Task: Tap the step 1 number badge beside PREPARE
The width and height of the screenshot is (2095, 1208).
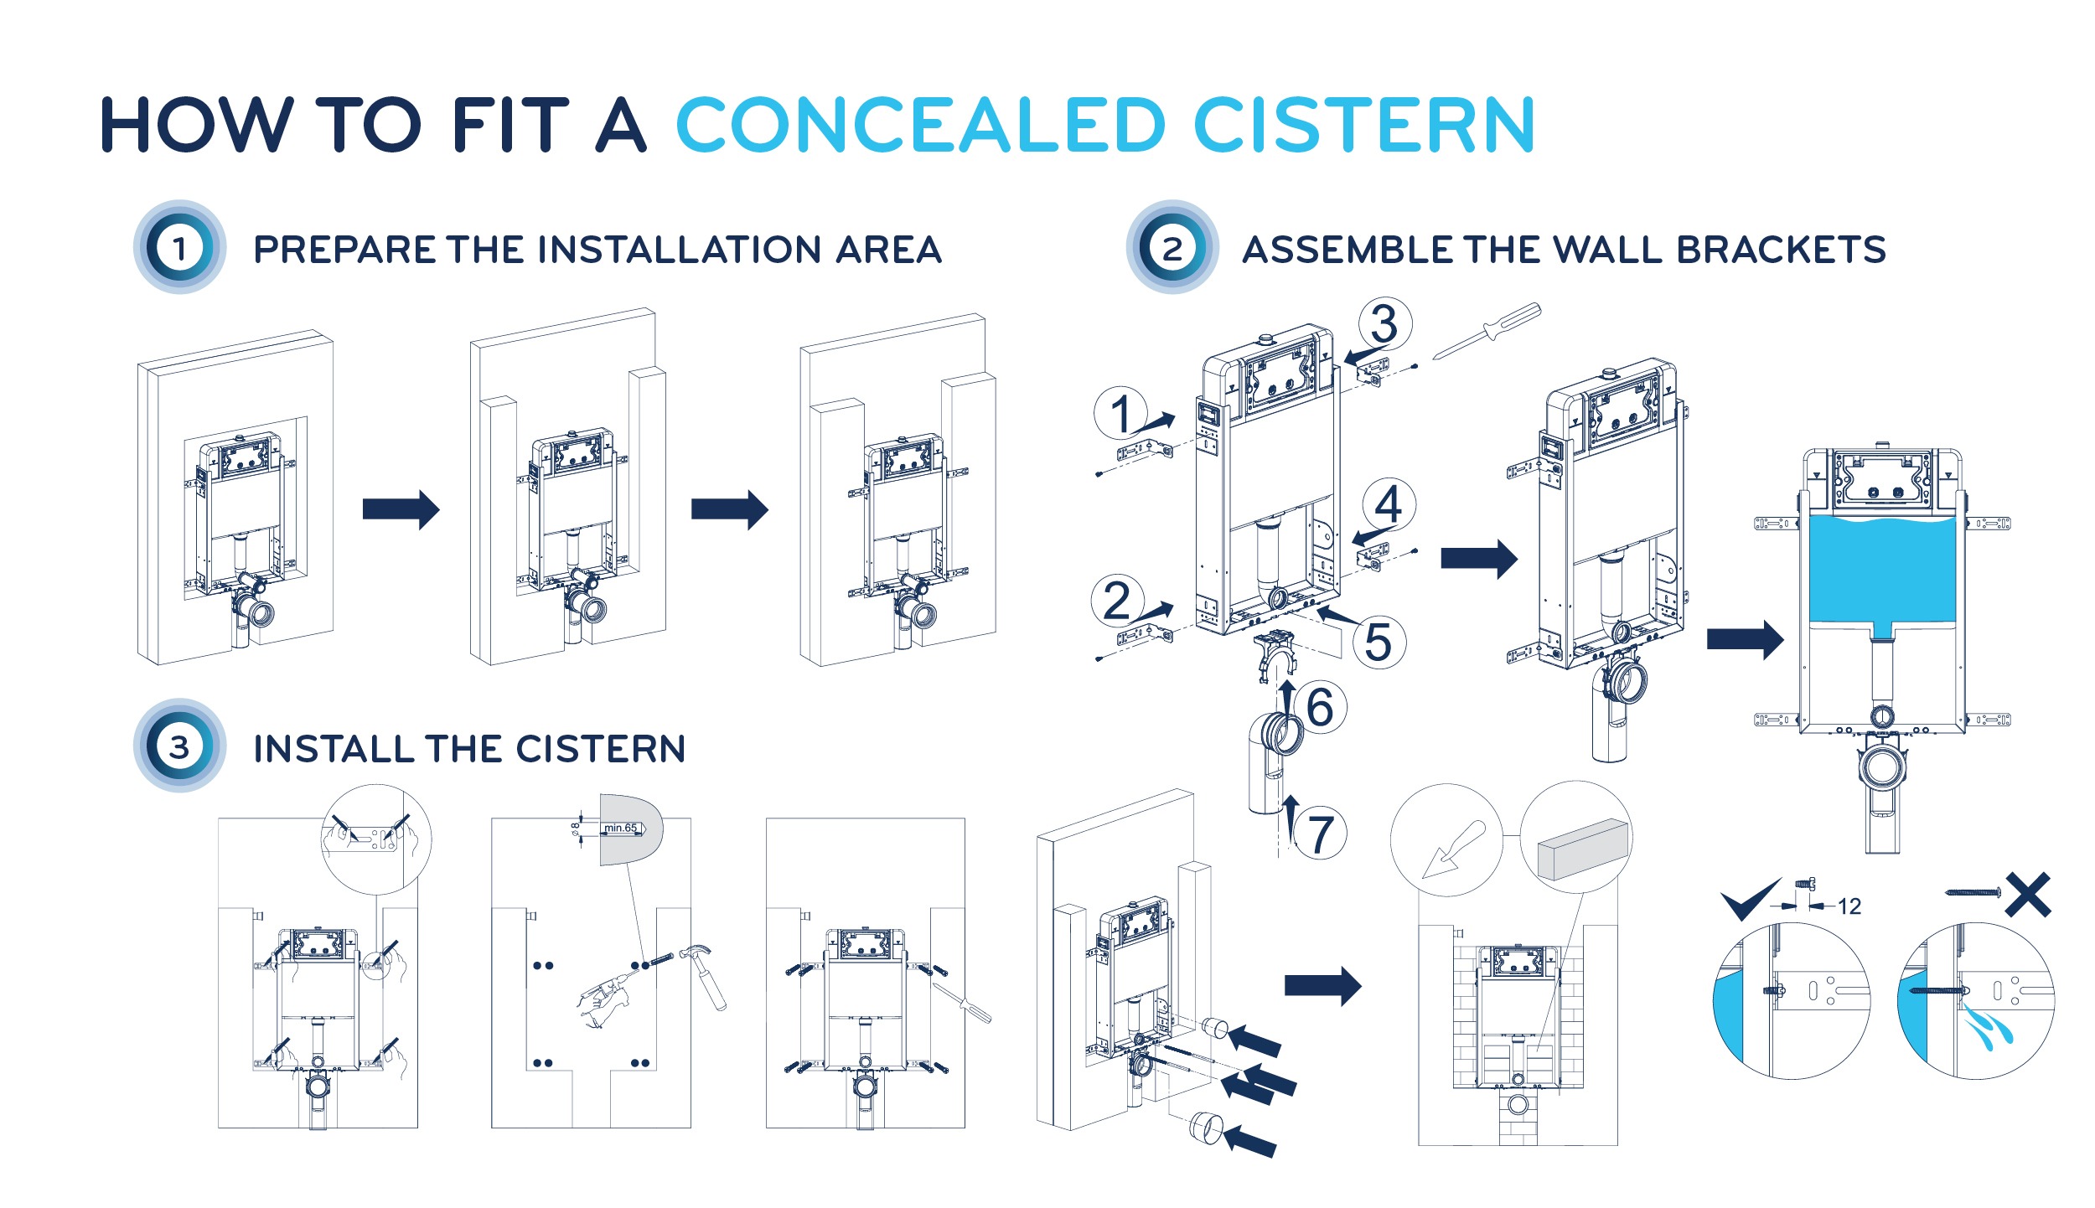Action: [179, 247]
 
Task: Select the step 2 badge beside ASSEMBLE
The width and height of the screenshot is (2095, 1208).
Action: [1172, 247]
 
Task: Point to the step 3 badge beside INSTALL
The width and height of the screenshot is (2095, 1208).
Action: [179, 746]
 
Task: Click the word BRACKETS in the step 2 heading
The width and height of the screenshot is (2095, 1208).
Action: [1781, 250]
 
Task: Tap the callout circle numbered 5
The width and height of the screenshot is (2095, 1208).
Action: [1379, 642]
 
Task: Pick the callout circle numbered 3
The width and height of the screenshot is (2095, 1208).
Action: [1384, 324]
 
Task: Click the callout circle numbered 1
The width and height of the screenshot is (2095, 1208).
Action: [1121, 413]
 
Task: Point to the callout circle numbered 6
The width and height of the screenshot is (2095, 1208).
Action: [1320, 707]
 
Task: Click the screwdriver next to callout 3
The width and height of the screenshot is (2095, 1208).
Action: [1487, 331]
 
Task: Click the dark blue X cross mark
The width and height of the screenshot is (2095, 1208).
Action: [2028, 895]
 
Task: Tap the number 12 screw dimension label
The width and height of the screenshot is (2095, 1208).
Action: [1849, 906]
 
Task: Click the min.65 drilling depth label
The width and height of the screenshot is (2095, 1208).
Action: [621, 828]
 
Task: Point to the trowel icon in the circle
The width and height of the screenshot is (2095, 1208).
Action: [1453, 849]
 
